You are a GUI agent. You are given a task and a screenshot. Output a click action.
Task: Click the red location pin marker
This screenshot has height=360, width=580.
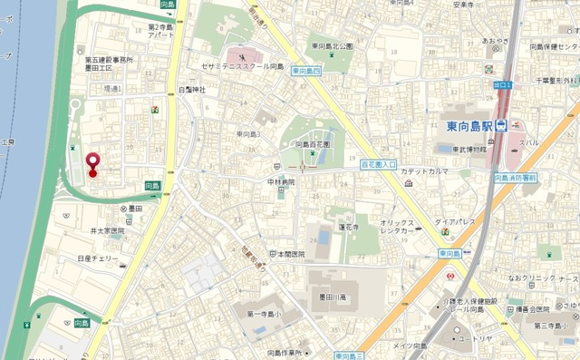tap(92, 163)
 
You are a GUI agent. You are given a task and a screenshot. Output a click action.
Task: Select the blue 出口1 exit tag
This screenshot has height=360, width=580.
tap(503, 85)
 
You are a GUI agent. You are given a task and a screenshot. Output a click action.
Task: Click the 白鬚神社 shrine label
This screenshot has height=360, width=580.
tap(191, 90)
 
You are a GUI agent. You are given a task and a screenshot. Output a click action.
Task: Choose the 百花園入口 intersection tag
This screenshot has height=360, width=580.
tap(379, 165)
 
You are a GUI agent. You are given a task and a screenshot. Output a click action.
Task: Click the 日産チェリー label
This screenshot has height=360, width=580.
tap(97, 258)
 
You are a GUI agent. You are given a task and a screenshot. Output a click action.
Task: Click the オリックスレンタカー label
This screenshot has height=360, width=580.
tap(399, 226)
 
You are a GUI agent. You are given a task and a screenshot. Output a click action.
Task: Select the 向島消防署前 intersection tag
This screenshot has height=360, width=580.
tap(516, 179)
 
